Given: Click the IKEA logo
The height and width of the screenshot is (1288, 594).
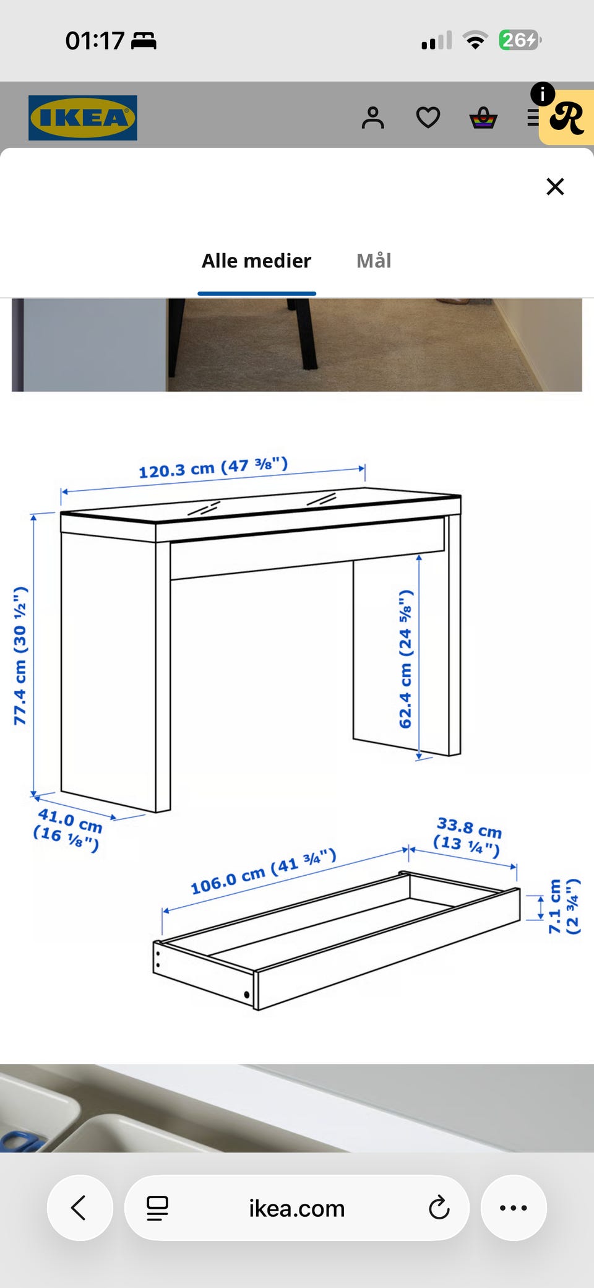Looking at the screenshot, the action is pos(83,118).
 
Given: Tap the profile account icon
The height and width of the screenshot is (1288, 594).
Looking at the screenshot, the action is pos(373,118).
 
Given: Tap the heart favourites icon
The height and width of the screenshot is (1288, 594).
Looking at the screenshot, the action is pos(428,118).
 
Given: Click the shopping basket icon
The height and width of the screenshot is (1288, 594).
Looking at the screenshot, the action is pos(483,118).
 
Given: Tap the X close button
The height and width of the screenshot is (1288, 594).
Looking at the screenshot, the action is pos(555,186).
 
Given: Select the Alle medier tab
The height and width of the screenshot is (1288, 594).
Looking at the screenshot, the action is pos(256,261).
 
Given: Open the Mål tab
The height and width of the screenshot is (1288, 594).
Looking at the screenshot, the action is pos(374,261).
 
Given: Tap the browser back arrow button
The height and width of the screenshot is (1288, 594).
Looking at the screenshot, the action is pos(80,1208).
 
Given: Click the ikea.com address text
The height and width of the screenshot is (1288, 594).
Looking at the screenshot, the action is pos(297,1208).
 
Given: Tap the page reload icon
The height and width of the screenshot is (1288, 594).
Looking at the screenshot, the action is pos(439,1208).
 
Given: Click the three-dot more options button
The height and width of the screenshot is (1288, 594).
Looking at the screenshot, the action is pos(514,1208).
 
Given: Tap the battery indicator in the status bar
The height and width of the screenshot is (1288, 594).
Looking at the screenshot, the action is pos(520,40).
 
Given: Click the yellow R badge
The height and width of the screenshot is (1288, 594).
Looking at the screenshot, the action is pos(567,117).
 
